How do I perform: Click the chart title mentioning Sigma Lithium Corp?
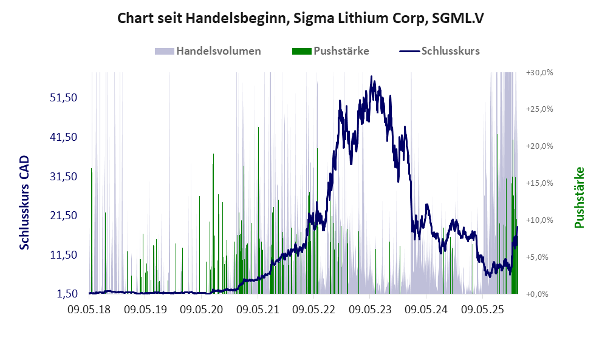point(301,19)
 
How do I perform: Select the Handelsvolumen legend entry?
point(218,51)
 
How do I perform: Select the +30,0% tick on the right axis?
point(539,72)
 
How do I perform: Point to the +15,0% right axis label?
point(539,183)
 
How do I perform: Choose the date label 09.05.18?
point(89,310)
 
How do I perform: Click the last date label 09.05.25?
point(484,310)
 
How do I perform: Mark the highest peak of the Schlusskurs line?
point(372,77)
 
